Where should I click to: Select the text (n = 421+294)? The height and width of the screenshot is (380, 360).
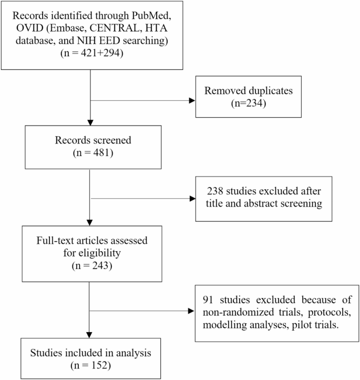click(92, 53)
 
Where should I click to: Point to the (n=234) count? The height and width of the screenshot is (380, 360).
click(248, 103)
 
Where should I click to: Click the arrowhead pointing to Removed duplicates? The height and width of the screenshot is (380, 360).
click(192, 100)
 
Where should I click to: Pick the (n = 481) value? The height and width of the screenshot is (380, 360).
click(93, 153)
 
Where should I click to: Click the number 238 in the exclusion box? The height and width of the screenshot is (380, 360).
click(215, 191)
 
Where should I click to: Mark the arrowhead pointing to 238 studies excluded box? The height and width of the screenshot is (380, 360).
click(192, 199)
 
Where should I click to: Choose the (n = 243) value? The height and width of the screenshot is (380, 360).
click(92, 265)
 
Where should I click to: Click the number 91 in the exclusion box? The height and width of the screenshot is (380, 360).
click(208, 300)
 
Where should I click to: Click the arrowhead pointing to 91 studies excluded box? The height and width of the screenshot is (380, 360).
click(191, 311)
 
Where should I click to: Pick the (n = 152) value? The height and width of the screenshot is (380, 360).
click(90, 365)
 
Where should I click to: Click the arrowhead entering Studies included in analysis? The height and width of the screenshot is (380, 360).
click(89, 335)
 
